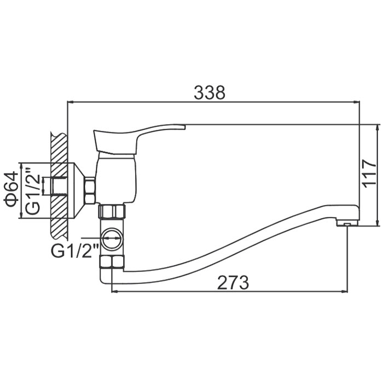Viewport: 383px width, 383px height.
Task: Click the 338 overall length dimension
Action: [x=210, y=92]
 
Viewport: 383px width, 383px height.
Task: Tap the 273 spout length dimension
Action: [x=233, y=283]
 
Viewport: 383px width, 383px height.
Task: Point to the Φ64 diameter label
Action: [x=11, y=189]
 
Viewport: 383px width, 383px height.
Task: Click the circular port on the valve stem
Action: [x=112, y=237]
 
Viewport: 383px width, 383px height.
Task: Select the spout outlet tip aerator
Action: [x=347, y=223]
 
